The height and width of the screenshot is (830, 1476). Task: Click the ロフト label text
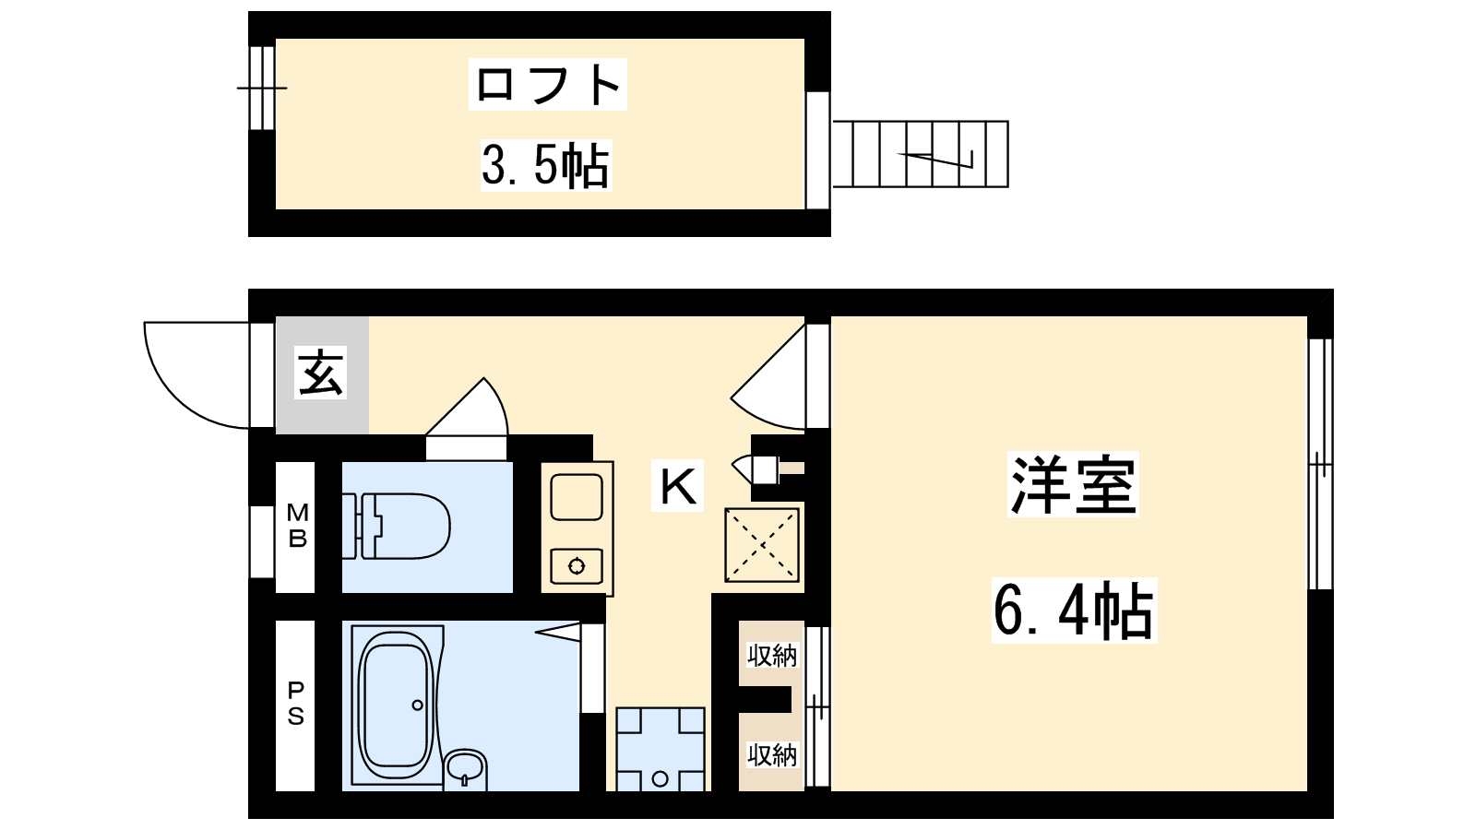point(548,84)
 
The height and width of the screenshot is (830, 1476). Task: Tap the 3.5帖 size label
point(545,165)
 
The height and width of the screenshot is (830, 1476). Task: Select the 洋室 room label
point(1074,484)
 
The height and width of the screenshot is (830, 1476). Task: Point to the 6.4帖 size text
point(1074,610)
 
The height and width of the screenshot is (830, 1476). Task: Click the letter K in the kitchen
point(678,486)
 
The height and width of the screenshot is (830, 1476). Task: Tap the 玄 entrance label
point(321,373)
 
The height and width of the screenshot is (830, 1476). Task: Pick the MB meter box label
point(297,525)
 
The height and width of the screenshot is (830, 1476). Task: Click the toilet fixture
point(396,527)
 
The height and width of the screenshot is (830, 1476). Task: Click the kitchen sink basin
point(577,497)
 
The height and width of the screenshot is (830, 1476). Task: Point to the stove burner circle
point(577,566)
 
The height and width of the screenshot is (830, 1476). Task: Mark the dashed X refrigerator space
point(762,545)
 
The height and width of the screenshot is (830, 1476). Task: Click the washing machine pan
point(661,749)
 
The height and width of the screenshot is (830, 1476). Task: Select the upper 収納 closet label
point(771,655)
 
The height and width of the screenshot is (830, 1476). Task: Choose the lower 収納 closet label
point(771,754)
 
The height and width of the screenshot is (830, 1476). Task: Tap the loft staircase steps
point(921,154)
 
